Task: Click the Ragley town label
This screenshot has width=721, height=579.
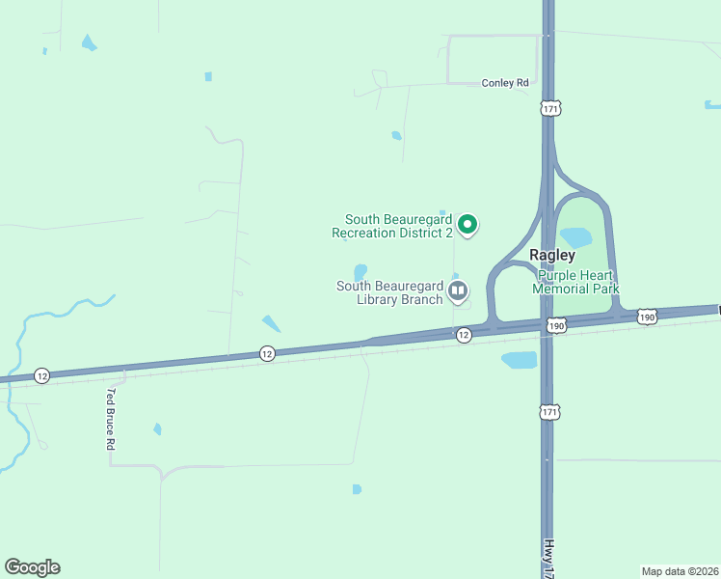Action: click(x=552, y=256)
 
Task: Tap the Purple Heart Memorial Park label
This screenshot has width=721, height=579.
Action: click(x=576, y=282)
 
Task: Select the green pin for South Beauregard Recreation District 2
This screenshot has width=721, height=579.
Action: click(x=467, y=225)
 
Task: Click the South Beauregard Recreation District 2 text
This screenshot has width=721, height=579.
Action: click(x=392, y=226)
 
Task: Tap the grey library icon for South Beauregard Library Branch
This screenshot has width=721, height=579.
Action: click(x=458, y=290)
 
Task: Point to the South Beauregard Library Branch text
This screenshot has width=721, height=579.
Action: click(x=389, y=292)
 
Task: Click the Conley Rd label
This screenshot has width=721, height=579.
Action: click(x=505, y=83)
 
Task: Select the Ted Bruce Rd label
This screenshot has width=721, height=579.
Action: click(x=112, y=421)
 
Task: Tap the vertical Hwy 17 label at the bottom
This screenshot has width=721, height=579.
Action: click(x=547, y=557)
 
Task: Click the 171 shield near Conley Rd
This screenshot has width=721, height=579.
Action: click(x=549, y=109)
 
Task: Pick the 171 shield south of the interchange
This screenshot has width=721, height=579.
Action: click(x=548, y=412)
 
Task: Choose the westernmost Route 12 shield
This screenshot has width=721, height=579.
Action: click(x=41, y=374)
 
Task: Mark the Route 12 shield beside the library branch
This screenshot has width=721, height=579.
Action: click(x=464, y=334)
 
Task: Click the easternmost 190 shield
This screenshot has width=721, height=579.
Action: click(x=647, y=317)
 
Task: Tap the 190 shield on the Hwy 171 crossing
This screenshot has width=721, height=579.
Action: click(x=557, y=326)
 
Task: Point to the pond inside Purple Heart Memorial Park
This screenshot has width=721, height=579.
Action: click(x=575, y=235)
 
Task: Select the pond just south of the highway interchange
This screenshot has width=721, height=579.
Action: click(x=519, y=360)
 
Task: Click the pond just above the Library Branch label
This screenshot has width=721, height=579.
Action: click(x=360, y=271)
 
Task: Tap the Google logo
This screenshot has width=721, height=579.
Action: click(x=32, y=567)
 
